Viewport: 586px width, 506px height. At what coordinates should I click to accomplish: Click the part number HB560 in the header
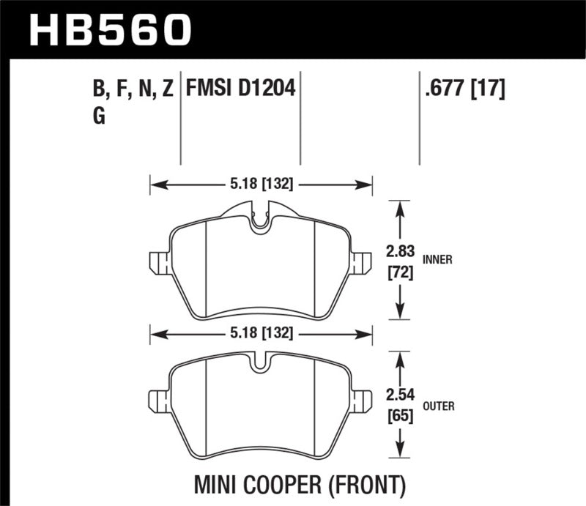click(x=109, y=29)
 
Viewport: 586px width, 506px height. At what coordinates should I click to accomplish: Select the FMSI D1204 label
click(x=240, y=90)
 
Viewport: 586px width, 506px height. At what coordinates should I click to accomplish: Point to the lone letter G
click(x=100, y=117)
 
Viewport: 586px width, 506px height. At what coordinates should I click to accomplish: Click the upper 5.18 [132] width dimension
click(x=261, y=185)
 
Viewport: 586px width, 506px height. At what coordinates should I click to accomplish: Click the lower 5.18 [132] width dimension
click(x=261, y=333)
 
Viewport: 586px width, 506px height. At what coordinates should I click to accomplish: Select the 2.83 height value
click(x=400, y=252)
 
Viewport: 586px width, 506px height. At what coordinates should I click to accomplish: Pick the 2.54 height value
click(x=400, y=397)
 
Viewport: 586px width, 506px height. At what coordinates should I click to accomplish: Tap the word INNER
click(x=437, y=258)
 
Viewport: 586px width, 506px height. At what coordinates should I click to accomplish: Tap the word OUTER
click(x=438, y=404)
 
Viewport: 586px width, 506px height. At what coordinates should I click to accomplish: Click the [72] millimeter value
click(x=400, y=274)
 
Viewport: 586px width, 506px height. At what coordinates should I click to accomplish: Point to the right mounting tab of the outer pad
click(x=361, y=400)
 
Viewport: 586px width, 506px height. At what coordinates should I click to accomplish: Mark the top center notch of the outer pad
click(x=260, y=364)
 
